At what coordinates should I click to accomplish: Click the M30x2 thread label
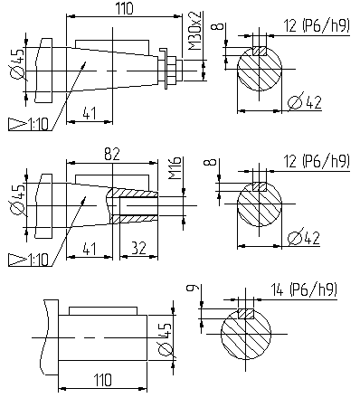tap(195, 31)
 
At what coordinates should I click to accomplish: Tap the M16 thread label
tap(175, 168)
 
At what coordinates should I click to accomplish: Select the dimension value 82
tap(112, 154)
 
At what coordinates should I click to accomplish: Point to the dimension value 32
tap(138, 248)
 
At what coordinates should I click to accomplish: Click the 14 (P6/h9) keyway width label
tap(303, 289)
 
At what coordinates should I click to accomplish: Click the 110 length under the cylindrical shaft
tap(102, 379)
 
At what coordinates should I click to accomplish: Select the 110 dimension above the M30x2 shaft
tap(124, 8)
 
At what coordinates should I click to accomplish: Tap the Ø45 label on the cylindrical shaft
tap(165, 338)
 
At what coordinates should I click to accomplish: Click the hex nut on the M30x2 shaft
tap(172, 71)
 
